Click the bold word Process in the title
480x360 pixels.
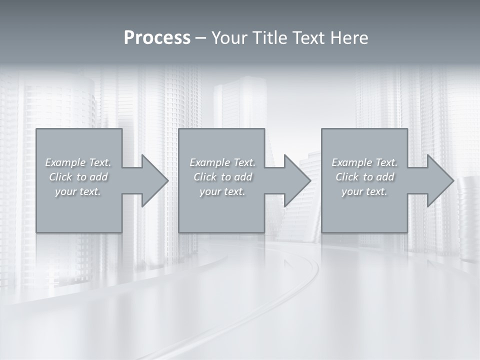157,38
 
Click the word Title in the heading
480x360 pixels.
270,38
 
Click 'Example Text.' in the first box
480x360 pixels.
78,162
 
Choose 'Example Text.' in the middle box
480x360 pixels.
222,162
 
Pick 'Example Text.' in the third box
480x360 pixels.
364,162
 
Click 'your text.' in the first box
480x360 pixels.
78,191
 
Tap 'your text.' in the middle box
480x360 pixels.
222,191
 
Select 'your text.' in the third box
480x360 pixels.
364,191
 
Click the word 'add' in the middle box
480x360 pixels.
242,177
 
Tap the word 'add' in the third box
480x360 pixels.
384,177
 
